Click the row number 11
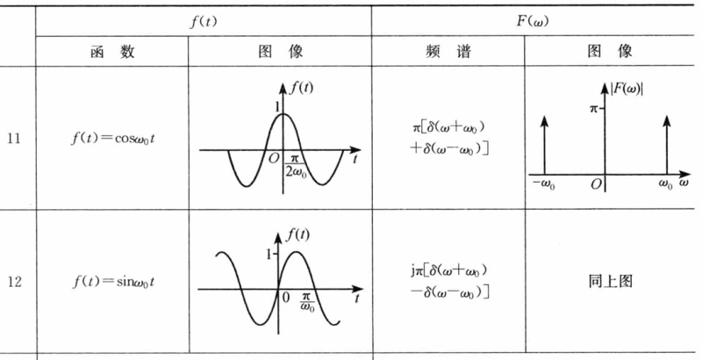tap(14, 139)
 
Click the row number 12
tap(14, 282)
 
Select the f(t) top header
tap(204, 21)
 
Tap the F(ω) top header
tap(533, 21)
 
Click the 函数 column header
tap(112, 52)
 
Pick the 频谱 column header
tap(448, 52)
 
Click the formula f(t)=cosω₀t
tap(113, 139)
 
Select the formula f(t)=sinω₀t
tap(113, 282)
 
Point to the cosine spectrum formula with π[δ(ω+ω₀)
tap(449, 138)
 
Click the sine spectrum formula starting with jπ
tap(449, 281)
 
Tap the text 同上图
tap(610, 281)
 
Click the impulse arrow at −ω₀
tap(544, 145)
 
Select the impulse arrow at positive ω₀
tap(667, 145)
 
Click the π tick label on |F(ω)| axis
tap(594, 108)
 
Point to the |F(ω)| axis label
tap(627, 89)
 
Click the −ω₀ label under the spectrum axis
tap(543, 184)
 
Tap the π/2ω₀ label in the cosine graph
tap(295, 165)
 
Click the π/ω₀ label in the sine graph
tap(307, 303)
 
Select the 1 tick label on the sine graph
tap(269, 255)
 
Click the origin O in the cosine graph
tap(274, 159)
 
